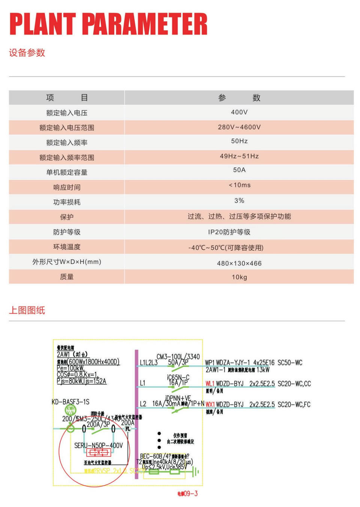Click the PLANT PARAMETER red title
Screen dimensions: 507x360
coord(108,24)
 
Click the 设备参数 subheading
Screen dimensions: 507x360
coord(27,53)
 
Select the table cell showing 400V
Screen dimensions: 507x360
coord(239,112)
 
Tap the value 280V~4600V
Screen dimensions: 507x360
coord(239,127)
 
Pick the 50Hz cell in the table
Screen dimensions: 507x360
coord(239,141)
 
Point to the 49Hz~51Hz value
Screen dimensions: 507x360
coord(239,156)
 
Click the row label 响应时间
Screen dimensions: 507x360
coord(67,187)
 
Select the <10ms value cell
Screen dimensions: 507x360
coord(239,185)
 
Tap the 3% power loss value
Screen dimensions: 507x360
coord(239,201)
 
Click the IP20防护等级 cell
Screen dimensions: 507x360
coord(229,232)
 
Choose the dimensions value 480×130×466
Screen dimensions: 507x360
coord(239,263)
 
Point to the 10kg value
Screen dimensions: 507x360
coord(239,277)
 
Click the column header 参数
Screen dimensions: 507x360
coord(239,98)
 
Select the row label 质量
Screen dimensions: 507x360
coord(67,277)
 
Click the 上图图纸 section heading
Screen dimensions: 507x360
coord(27,310)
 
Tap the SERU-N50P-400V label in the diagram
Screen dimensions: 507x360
coord(98,445)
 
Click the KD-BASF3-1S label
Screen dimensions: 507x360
coord(70,402)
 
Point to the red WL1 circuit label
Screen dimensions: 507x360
coord(210,384)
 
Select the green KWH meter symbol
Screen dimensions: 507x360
coord(70,410)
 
